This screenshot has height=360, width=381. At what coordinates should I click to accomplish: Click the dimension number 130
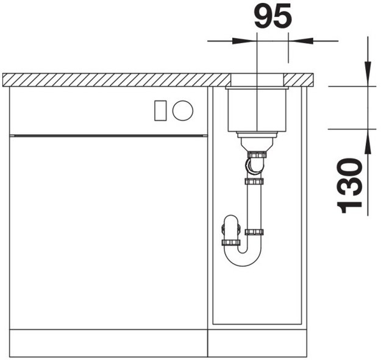pyautogui.click(x=349, y=186)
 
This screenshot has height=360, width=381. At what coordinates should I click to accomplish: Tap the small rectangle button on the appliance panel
pyautogui.click(x=160, y=110)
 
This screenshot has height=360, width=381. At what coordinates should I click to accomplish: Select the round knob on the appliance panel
pyautogui.click(x=183, y=110)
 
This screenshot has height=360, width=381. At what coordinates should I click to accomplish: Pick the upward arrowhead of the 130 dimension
pyautogui.click(x=368, y=141)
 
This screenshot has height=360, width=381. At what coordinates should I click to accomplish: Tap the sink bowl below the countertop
pyautogui.click(x=257, y=110)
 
